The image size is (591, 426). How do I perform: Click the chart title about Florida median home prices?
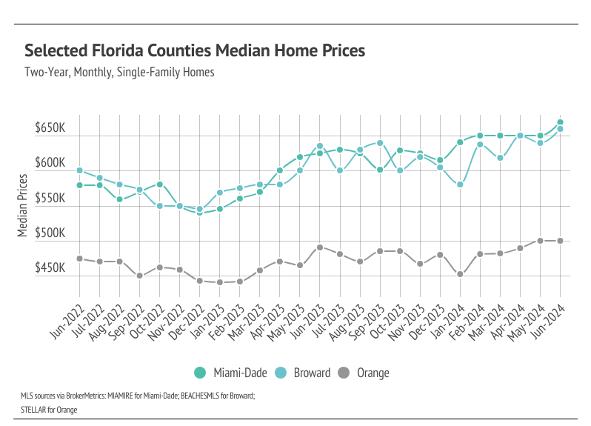click(x=195, y=51)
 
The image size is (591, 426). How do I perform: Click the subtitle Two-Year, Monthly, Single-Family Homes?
click(x=120, y=73)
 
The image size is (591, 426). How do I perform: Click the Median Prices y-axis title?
click(x=22, y=206)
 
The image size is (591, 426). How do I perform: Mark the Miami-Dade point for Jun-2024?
click(x=561, y=122)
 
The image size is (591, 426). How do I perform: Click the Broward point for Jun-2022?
click(x=79, y=171)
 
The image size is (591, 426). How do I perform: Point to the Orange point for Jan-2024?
click(x=460, y=274)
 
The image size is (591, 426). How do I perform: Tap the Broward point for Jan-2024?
click(x=460, y=184)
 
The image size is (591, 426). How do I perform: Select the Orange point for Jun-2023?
click(x=320, y=247)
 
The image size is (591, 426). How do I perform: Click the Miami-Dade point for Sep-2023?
click(x=380, y=170)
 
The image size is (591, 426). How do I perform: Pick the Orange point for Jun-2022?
click(x=79, y=259)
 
